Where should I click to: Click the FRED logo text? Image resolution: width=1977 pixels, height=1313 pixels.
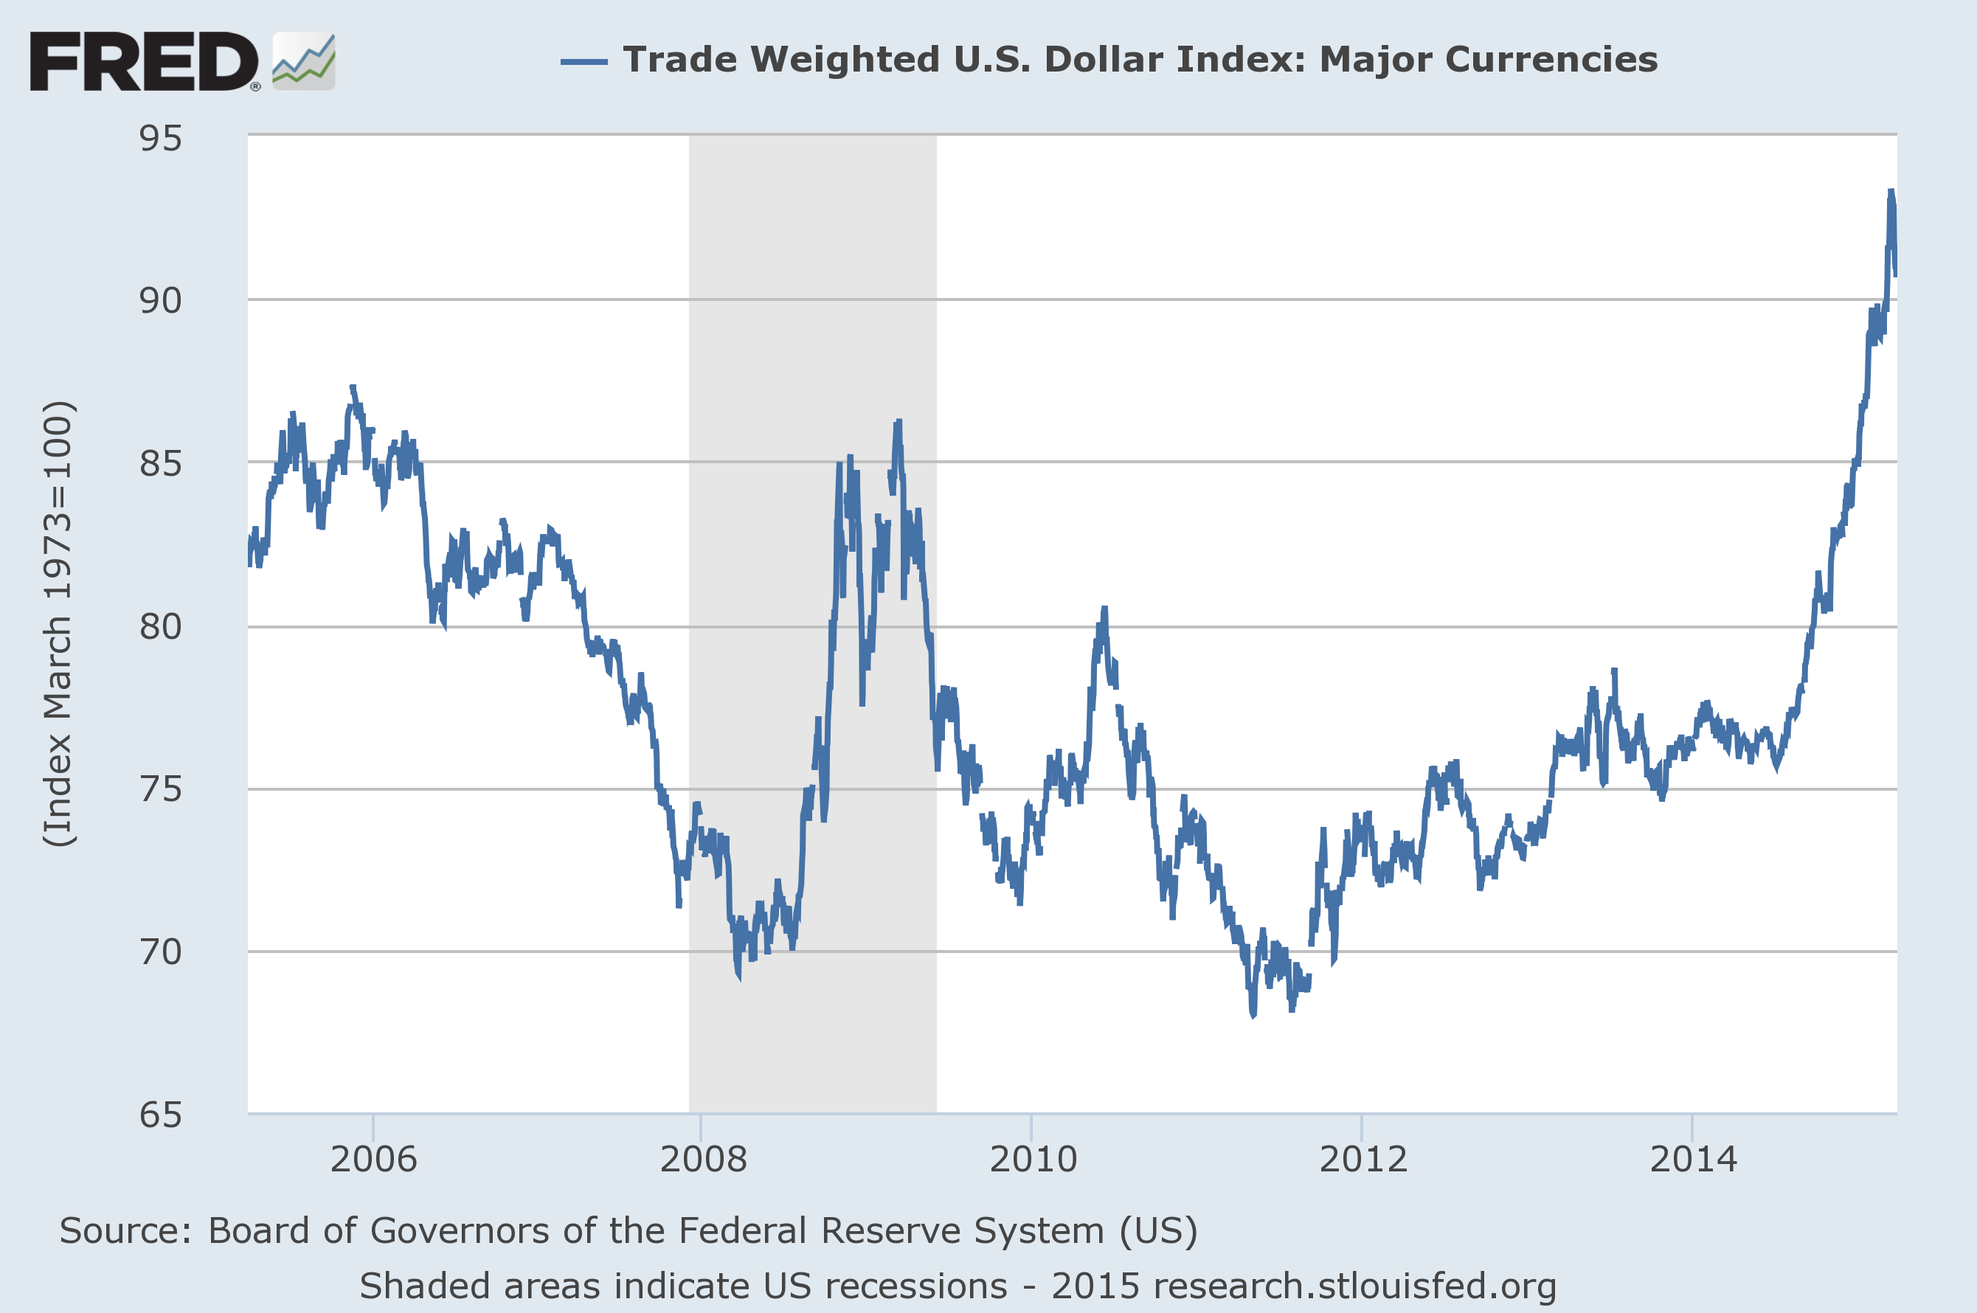[x=144, y=61]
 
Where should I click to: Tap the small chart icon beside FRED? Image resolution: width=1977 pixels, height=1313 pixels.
[x=304, y=61]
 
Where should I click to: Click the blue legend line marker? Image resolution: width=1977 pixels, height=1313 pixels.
[x=584, y=61]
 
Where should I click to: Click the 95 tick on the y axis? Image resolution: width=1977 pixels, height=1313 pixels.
[x=160, y=139]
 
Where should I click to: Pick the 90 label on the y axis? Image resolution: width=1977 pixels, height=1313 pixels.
[x=160, y=301]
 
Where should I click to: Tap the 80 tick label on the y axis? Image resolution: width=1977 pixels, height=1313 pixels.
[x=160, y=626]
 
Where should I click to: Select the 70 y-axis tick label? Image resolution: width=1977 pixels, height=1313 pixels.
[x=160, y=952]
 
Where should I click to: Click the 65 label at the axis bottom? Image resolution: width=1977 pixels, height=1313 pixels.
[x=160, y=1115]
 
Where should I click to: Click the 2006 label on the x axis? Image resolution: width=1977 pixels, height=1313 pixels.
[x=373, y=1160]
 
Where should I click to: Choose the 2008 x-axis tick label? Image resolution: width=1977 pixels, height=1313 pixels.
[x=703, y=1160]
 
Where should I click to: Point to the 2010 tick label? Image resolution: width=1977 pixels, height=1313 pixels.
[x=1033, y=1160]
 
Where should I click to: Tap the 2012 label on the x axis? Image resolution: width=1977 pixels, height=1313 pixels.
[x=1363, y=1160]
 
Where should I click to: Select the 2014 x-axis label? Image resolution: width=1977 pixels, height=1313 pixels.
[x=1693, y=1160]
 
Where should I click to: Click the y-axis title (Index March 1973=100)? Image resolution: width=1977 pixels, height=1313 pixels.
[x=58, y=624]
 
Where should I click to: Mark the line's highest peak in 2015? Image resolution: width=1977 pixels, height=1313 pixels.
[x=1891, y=192]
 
